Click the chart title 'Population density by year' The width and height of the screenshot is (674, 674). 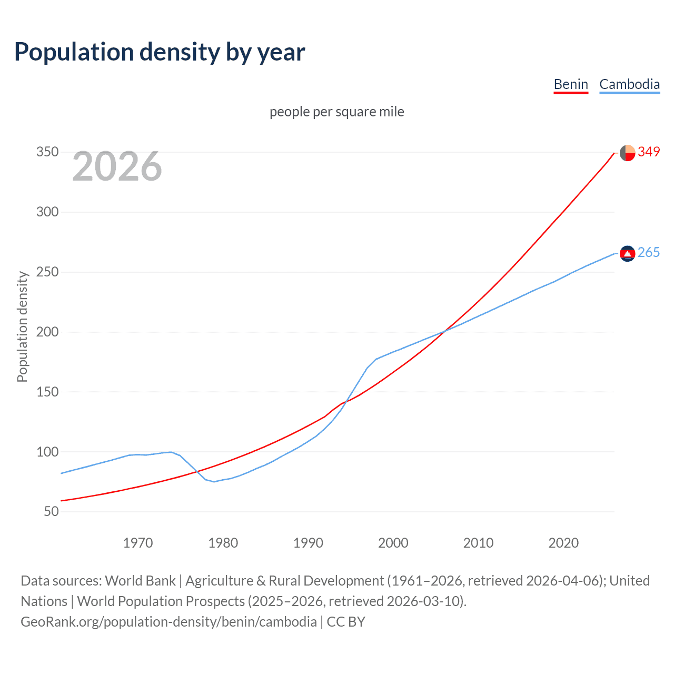pos(160,52)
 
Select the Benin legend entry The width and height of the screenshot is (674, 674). pos(571,84)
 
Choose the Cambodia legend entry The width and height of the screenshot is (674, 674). pos(629,84)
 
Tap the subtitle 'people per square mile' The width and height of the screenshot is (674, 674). pos(336,112)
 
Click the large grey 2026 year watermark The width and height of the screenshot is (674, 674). pos(117,166)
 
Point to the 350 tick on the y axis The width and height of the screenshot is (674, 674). pos(47,152)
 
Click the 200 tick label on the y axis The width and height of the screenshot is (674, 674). pos(47,332)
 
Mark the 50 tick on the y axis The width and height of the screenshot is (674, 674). pos(51,511)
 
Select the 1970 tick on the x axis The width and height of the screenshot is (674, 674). pos(138,542)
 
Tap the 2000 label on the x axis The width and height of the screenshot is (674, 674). pos(393,542)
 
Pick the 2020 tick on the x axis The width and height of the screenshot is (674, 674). pos(563,542)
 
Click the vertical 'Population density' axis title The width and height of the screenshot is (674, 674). pos(22,326)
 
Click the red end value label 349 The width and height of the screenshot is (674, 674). pos(649,152)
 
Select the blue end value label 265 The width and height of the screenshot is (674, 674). pos(649,253)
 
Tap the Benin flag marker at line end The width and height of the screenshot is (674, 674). pos(627,153)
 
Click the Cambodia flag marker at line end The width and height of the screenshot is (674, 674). pos(627,254)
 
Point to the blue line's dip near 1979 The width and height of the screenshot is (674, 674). pos(214,481)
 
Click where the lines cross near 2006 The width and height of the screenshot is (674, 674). pos(444,331)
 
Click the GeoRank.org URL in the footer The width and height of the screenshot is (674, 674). pos(168,622)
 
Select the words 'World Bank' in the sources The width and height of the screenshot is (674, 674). pos(140,581)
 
